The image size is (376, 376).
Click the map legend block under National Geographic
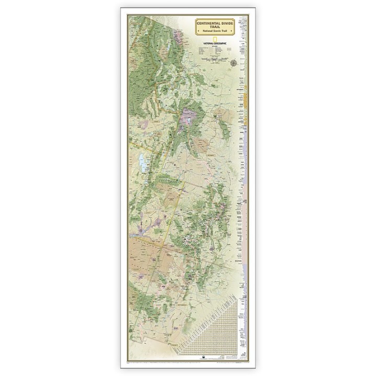[215, 53]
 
